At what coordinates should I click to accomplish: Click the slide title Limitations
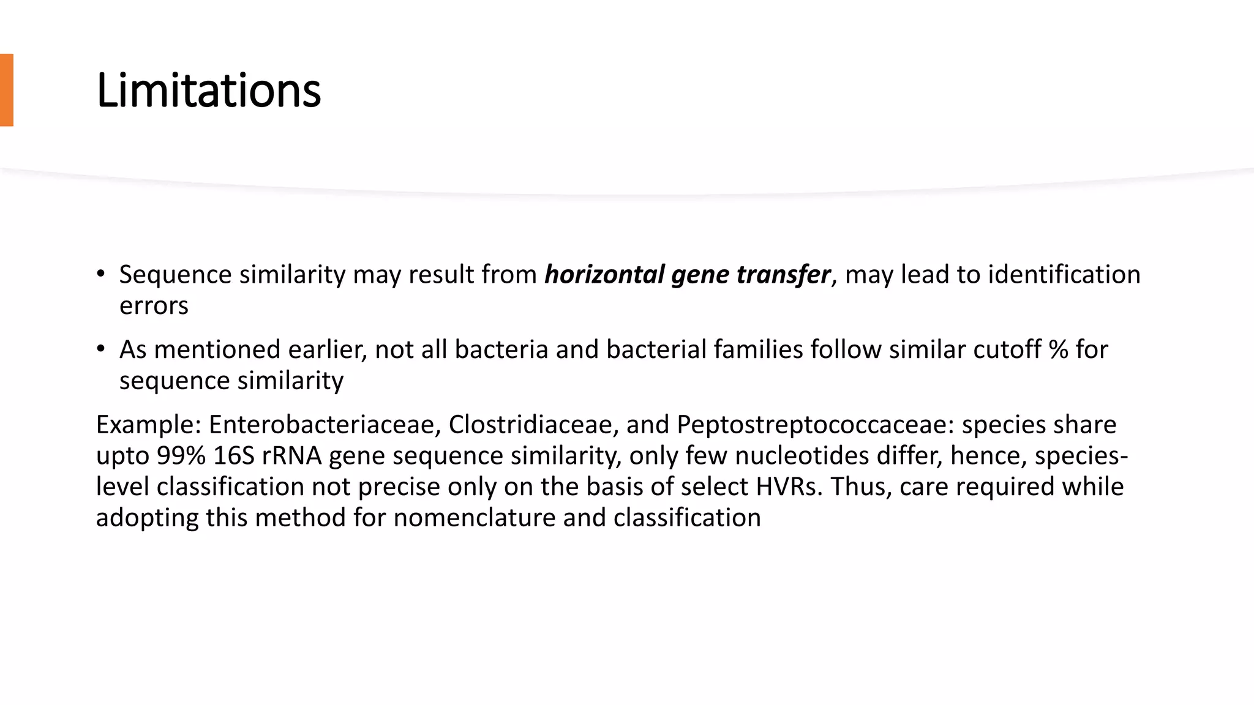click(x=208, y=91)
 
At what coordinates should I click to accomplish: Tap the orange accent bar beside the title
click(x=6, y=90)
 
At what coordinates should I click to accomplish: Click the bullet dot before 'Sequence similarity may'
click(x=100, y=274)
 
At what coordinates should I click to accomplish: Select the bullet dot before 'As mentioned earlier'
click(x=100, y=349)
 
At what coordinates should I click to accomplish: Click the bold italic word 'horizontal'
click(x=604, y=274)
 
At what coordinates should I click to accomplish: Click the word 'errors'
click(x=154, y=305)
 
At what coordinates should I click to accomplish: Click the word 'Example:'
click(x=149, y=424)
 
